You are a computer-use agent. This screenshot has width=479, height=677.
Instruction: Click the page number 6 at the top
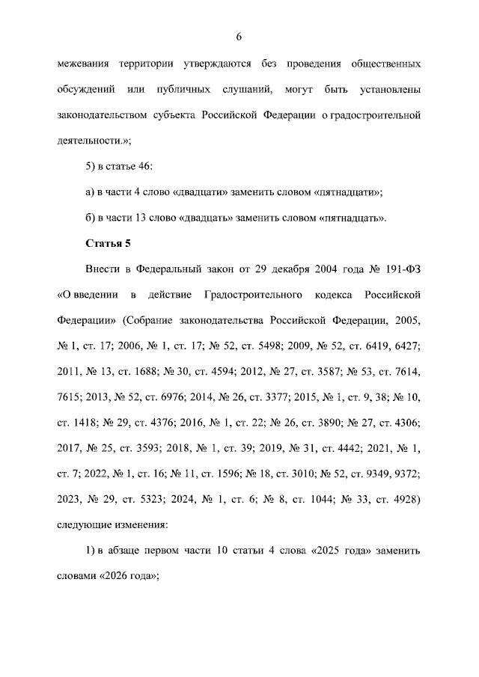point(239,37)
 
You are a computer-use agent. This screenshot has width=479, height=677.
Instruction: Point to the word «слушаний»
point(245,91)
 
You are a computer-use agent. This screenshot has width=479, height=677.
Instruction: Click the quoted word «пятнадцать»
point(354,218)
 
